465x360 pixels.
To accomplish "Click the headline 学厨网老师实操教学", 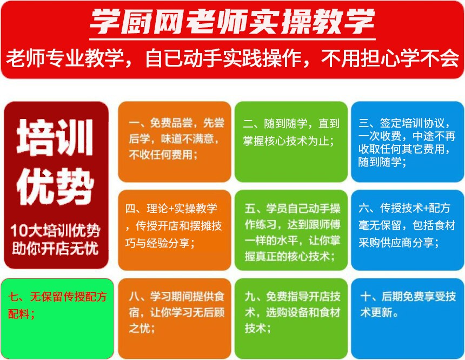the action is click(x=232, y=22).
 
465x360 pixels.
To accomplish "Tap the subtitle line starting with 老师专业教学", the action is click(x=232, y=58).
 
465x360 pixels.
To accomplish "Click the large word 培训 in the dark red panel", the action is click(x=55, y=137).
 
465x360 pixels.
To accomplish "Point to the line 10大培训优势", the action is click(x=56, y=230).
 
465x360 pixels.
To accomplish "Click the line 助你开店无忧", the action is click(x=55, y=249).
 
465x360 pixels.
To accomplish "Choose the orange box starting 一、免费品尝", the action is click(x=174, y=142).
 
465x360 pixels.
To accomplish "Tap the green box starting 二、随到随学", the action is click(x=291, y=142).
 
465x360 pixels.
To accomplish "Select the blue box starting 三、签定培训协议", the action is click(x=408, y=142).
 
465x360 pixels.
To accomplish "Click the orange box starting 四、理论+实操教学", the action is click(x=174, y=230).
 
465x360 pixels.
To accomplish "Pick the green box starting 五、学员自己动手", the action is click(x=291, y=230).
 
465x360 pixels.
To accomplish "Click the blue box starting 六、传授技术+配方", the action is click(x=408, y=230).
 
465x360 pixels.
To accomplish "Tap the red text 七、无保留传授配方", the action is click(x=57, y=297).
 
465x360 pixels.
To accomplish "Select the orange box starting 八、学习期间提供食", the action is click(x=174, y=318).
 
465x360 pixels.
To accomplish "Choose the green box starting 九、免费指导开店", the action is click(x=291, y=318).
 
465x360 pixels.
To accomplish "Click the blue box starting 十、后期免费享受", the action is click(x=408, y=318).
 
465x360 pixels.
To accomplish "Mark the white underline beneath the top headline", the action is click(x=232, y=39).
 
